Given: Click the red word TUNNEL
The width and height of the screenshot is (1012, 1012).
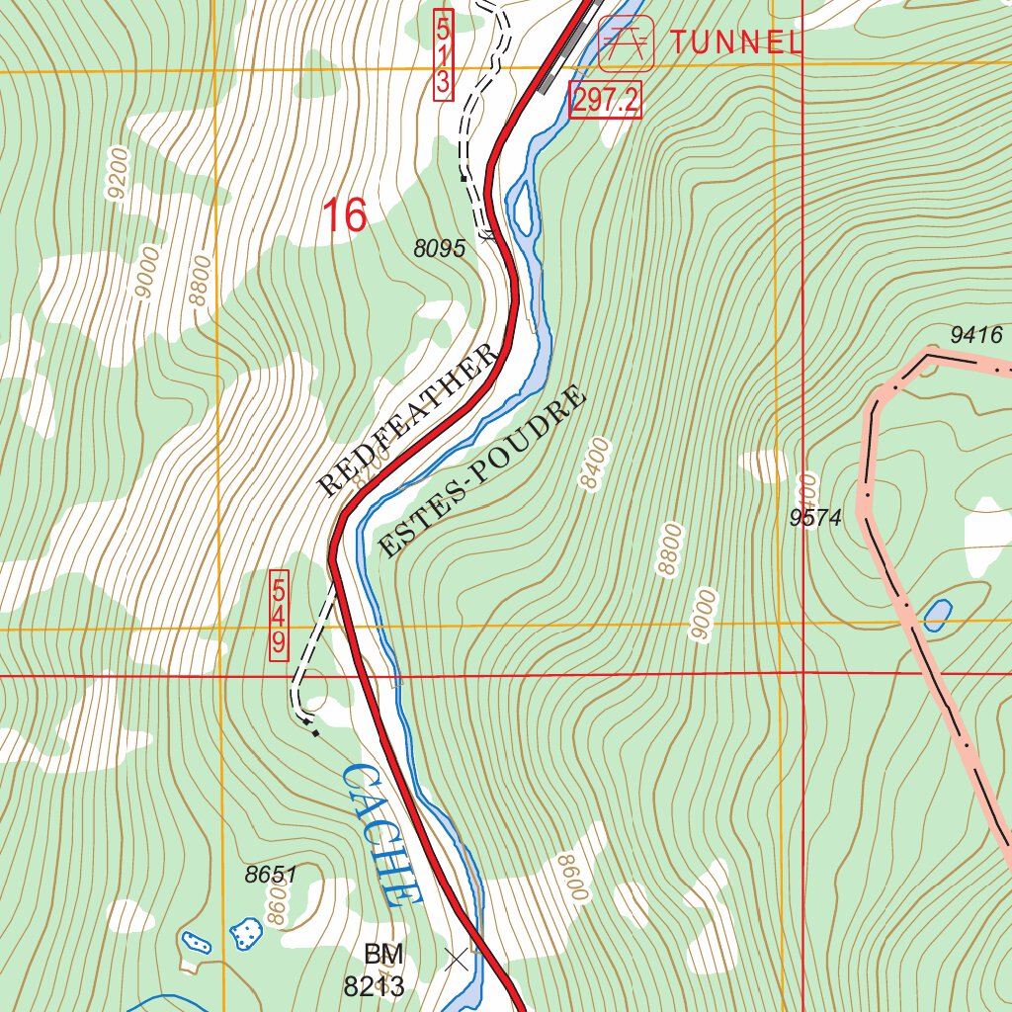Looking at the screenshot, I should [x=735, y=42].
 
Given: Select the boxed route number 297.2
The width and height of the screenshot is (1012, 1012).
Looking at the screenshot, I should [x=605, y=101].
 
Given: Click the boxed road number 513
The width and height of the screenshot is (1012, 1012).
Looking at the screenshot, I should [x=442, y=53].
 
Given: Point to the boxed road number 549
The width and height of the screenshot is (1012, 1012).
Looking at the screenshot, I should [x=279, y=615].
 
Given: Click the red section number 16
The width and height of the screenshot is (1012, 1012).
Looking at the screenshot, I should [x=345, y=215].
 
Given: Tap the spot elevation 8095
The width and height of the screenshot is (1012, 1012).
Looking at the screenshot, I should [x=439, y=250].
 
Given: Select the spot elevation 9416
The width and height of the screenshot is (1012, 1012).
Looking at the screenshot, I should [x=975, y=336].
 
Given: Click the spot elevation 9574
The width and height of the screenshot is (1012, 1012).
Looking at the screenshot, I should [x=814, y=518].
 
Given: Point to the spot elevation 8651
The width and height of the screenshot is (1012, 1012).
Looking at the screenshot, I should [x=271, y=874].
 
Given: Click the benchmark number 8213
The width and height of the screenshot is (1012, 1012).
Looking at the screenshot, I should [x=375, y=985].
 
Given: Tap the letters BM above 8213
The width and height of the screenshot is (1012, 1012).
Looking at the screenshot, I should [x=383, y=955].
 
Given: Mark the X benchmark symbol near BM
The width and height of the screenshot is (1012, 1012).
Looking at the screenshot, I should [x=456, y=958].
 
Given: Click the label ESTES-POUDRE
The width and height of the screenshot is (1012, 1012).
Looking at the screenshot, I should [x=482, y=471].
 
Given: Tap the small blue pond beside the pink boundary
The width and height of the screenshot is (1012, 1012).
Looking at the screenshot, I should [x=936, y=616].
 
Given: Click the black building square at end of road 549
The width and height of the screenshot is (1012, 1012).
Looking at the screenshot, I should [x=315, y=733].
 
